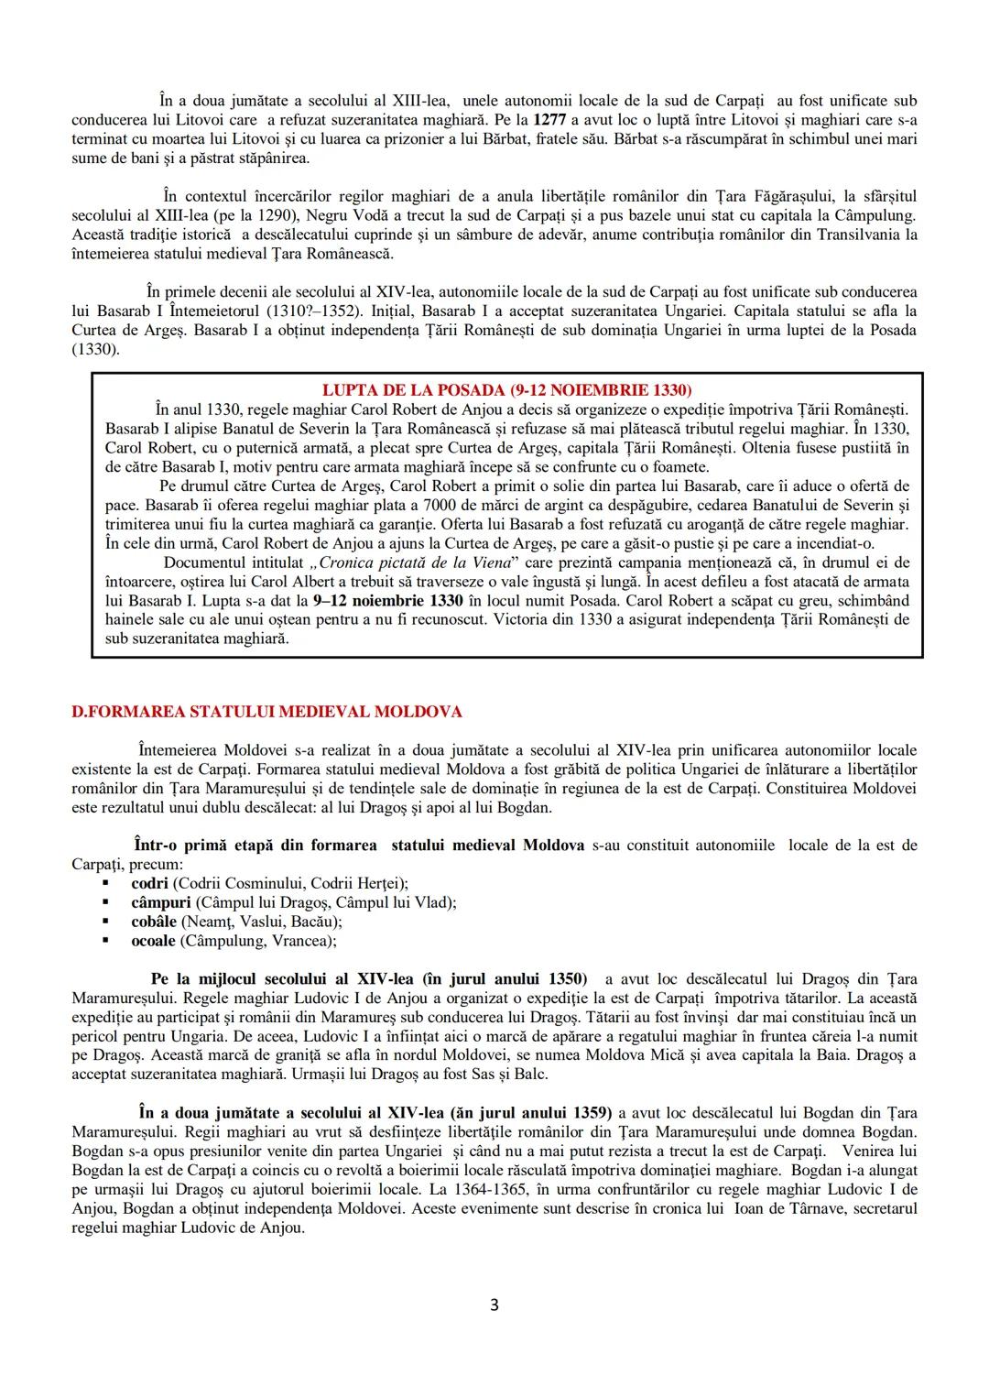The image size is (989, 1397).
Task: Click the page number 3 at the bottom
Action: click(x=494, y=1305)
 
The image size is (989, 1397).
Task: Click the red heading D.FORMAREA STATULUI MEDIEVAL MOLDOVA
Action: click(x=266, y=712)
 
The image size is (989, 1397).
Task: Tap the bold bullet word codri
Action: click(x=149, y=883)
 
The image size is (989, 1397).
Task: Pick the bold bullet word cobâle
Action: click(x=154, y=922)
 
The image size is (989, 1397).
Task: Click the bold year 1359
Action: click(x=581, y=1113)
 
